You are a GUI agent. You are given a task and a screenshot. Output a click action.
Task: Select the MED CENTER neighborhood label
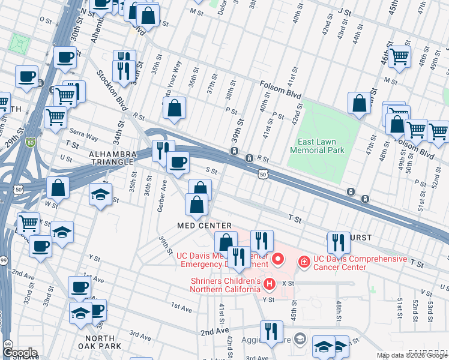(204, 225)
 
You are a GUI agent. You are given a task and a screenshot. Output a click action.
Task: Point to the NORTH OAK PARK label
(99, 342)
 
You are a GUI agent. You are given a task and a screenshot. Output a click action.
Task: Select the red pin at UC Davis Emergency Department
(277, 259)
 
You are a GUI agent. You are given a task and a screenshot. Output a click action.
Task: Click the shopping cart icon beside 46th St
(399, 57)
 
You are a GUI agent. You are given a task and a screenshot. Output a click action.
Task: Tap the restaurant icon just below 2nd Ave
(271, 331)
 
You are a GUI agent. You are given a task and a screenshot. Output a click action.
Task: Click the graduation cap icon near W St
(101, 194)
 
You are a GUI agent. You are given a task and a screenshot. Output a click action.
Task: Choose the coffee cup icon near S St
(177, 162)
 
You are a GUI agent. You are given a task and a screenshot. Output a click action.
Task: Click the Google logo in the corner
(20, 353)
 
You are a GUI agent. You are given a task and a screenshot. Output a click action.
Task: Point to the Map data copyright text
(411, 355)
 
